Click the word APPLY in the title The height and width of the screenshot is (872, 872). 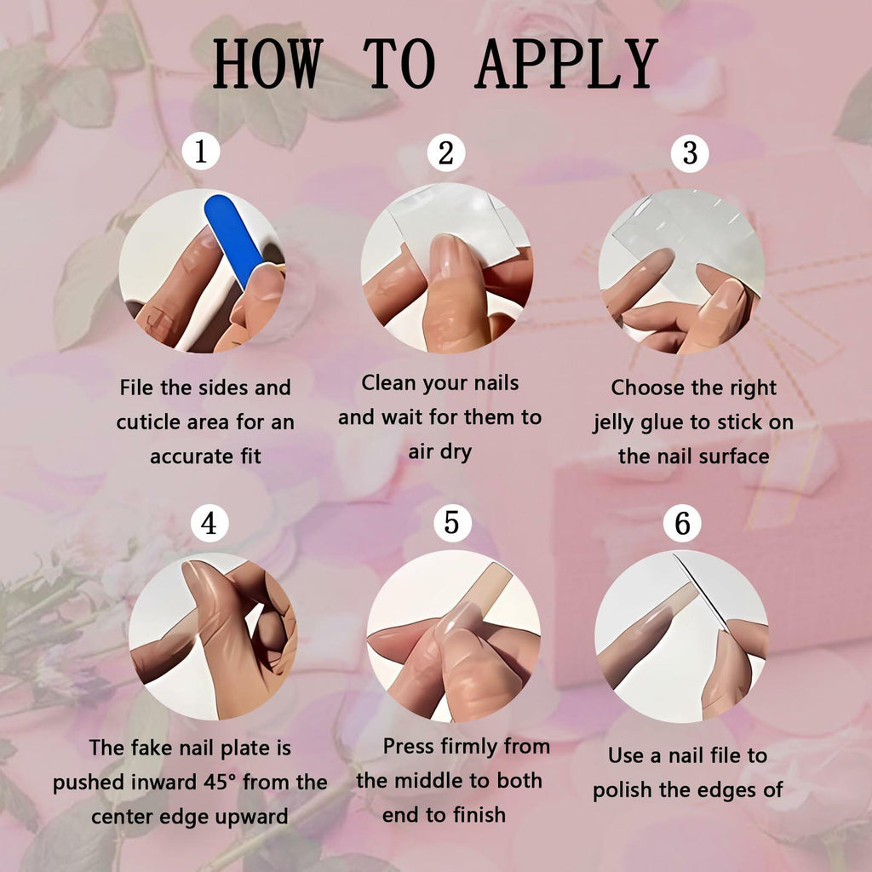click(x=566, y=64)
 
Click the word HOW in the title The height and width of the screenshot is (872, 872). click(x=267, y=64)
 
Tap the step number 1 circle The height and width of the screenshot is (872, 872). click(x=201, y=152)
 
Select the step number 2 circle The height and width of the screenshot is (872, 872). click(x=446, y=153)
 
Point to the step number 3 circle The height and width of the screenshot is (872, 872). click(x=690, y=153)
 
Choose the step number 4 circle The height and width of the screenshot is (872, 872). click(x=209, y=523)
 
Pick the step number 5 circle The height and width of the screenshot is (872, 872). click(x=452, y=523)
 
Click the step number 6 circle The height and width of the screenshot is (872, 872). click(x=682, y=524)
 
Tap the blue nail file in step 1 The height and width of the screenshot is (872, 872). click(x=234, y=240)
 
